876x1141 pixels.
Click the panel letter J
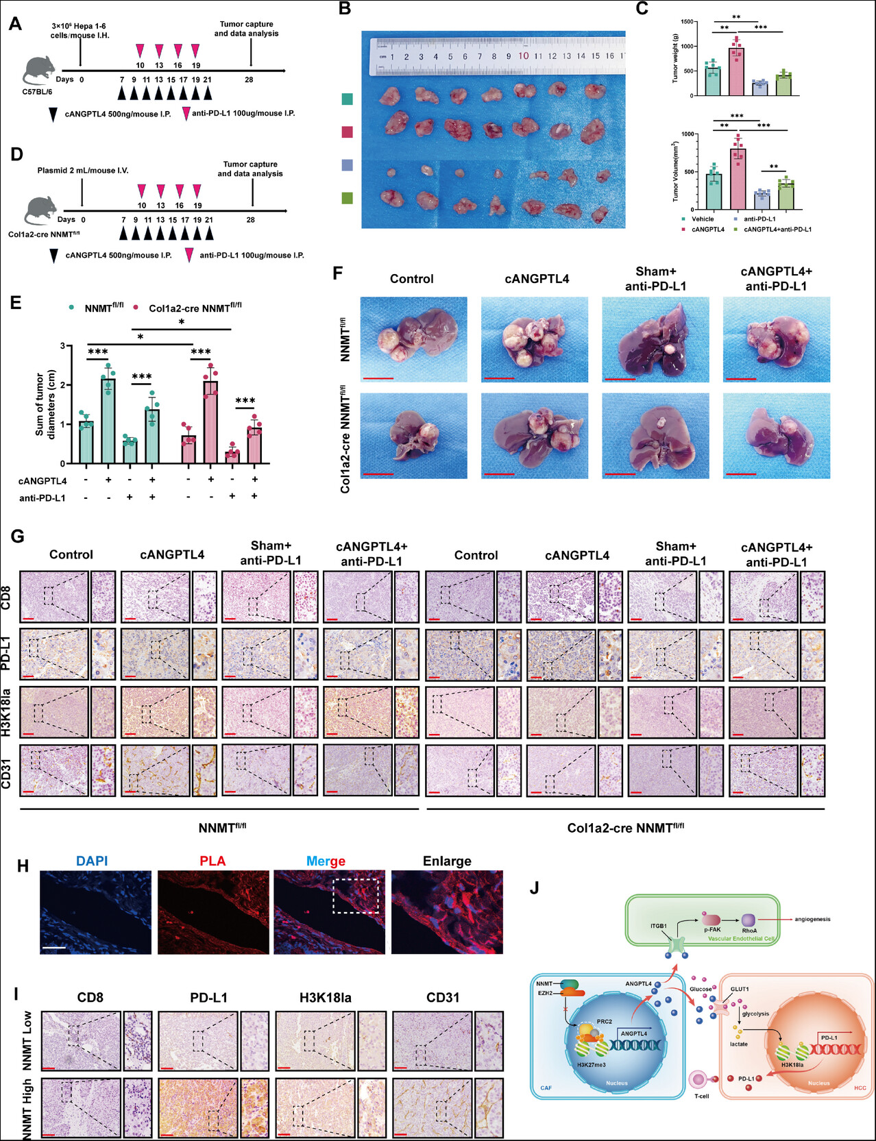535,888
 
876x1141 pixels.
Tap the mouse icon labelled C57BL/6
39,71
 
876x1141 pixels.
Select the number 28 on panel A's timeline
249,80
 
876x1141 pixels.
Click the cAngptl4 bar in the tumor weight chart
736,71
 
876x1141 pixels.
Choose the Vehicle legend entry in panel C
702,219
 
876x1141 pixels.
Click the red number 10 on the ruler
523,56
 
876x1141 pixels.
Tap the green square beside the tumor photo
347,198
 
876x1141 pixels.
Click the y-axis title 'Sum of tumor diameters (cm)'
45,404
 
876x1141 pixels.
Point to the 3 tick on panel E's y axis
62,346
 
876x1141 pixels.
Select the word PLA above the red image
212,861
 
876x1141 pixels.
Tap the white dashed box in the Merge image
356,896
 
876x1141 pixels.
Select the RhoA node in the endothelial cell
749,920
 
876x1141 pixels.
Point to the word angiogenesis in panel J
812,919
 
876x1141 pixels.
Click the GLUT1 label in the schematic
740,989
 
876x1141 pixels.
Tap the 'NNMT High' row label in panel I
27,1109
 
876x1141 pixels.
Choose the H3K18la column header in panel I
325,998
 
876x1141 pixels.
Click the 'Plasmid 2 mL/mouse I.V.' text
83,171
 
